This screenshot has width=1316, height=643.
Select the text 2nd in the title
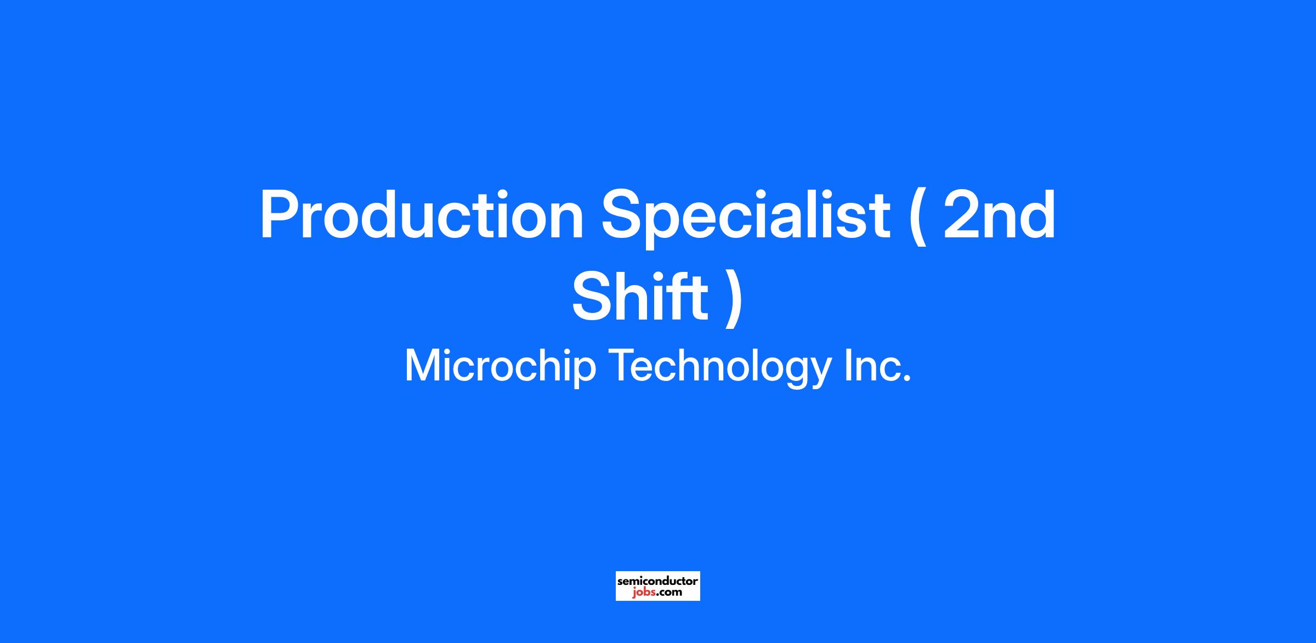pos(999,215)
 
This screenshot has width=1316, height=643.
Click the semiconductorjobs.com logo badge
pos(657,586)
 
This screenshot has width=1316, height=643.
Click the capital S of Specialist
pos(622,214)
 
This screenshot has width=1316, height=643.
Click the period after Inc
pos(907,379)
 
